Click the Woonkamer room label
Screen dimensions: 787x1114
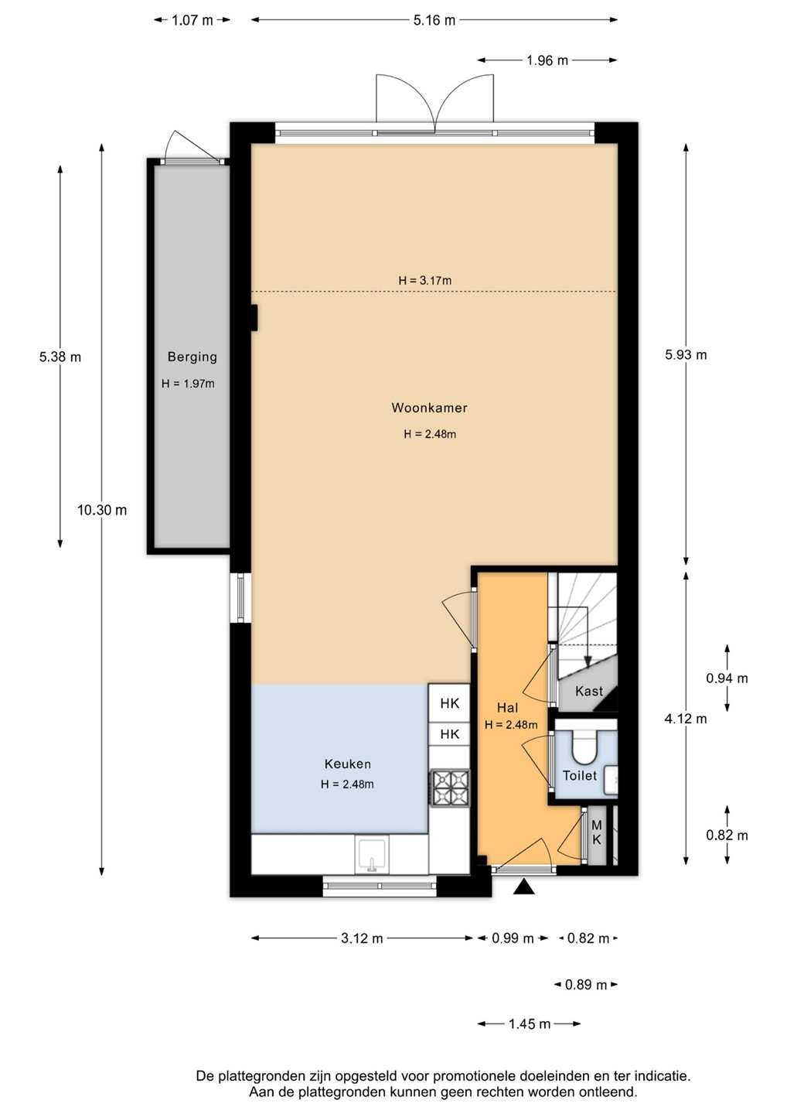(x=429, y=408)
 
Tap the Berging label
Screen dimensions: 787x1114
(x=192, y=357)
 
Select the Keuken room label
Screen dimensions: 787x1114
(x=347, y=764)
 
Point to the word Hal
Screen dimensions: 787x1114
(x=507, y=707)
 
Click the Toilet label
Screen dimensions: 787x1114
(x=579, y=775)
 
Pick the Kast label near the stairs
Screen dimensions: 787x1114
(x=589, y=691)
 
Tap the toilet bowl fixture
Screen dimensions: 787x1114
(x=584, y=746)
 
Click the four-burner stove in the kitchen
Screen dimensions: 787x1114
(x=450, y=788)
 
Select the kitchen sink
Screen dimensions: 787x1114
(x=372, y=854)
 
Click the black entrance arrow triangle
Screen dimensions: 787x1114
(x=524, y=887)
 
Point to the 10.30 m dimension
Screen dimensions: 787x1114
(x=102, y=510)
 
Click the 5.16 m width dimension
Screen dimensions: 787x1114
(x=434, y=20)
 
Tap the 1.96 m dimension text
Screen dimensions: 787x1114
(x=547, y=60)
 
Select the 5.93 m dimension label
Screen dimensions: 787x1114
(x=686, y=354)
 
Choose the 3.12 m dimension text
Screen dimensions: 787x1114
(x=362, y=938)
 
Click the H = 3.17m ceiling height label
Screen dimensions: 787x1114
(x=424, y=281)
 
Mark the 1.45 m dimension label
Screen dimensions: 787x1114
(x=530, y=1024)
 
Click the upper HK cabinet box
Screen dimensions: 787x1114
(x=449, y=703)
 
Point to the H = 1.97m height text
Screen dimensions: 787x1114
(x=188, y=384)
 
